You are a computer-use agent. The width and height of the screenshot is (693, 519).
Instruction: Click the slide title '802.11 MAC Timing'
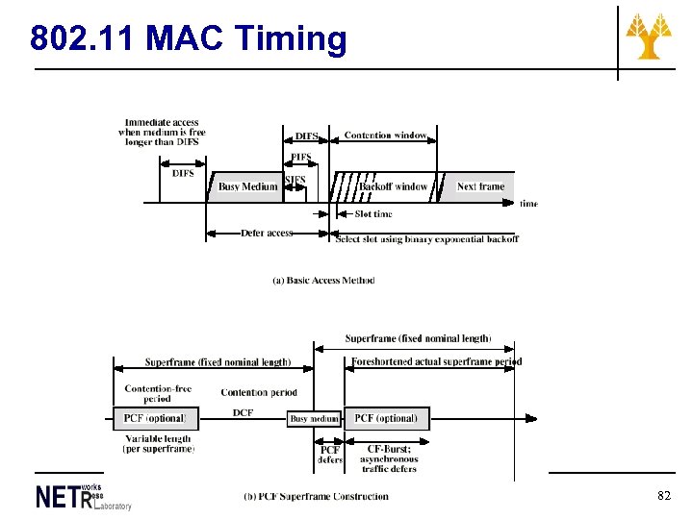click(x=188, y=38)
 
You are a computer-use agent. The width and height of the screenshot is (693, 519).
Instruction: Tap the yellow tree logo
click(x=650, y=37)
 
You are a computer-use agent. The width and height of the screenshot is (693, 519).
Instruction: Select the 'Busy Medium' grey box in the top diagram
click(x=247, y=186)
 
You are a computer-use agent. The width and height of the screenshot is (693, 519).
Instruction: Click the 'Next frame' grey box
click(x=480, y=186)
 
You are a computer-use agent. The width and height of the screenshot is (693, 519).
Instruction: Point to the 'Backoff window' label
click(x=394, y=186)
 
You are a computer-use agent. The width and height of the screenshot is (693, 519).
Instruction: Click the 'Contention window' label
click(x=385, y=136)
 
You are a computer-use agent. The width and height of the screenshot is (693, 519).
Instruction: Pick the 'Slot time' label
click(x=373, y=213)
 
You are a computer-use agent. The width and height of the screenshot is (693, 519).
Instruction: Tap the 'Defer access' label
click(x=267, y=233)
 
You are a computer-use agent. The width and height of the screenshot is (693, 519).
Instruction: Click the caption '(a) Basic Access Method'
click(x=323, y=281)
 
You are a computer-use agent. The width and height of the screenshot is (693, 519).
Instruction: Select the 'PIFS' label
click(x=301, y=158)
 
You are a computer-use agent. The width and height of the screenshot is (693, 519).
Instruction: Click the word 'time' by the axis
click(x=528, y=204)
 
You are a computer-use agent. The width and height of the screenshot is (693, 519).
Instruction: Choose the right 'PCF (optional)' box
click(x=386, y=418)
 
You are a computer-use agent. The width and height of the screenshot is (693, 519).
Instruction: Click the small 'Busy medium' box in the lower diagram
click(x=315, y=419)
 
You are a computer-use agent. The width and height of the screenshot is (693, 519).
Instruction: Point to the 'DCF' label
click(x=243, y=412)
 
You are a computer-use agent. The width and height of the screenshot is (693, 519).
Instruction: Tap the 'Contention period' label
click(x=258, y=392)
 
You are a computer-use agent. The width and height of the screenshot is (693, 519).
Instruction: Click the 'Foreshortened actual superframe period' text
click(x=436, y=362)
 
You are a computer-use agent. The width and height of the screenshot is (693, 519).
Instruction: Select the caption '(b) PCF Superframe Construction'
click(x=316, y=497)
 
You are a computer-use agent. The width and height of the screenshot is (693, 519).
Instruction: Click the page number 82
click(x=663, y=496)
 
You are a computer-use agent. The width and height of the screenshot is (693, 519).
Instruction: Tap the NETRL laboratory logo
click(x=82, y=496)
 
